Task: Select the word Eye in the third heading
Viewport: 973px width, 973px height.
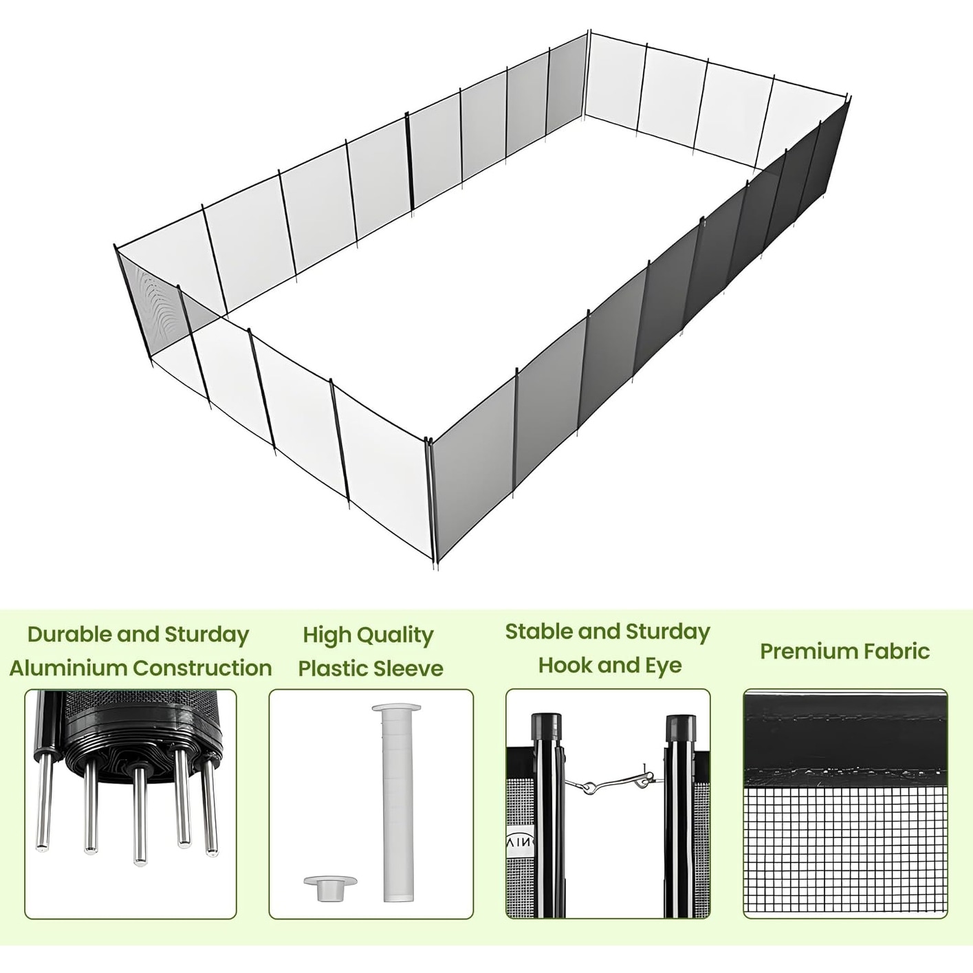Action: click(664, 666)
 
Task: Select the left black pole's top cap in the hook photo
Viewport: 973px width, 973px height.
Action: click(546, 724)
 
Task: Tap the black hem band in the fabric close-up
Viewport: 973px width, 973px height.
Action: click(845, 739)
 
